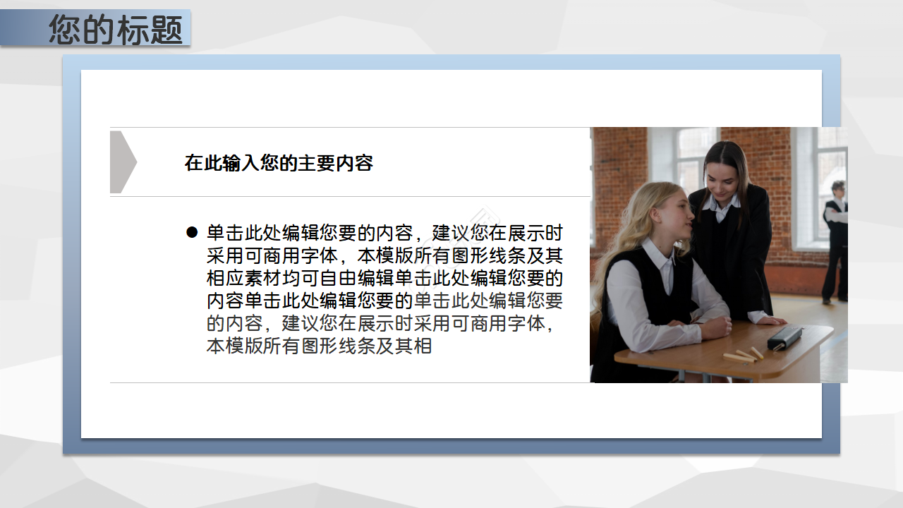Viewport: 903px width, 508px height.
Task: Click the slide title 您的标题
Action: click(116, 30)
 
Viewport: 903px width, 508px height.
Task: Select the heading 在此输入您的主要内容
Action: click(279, 163)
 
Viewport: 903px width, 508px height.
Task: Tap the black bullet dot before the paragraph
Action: click(191, 233)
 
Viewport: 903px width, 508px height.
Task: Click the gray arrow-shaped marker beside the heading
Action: click(122, 162)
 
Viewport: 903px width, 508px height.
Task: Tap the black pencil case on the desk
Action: click(784, 338)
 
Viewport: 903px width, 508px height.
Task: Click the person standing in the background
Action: click(836, 240)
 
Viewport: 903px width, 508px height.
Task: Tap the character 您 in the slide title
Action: click(65, 30)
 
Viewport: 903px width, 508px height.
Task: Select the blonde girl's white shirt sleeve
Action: click(631, 303)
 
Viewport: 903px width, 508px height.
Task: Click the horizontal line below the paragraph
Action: click(350, 382)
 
